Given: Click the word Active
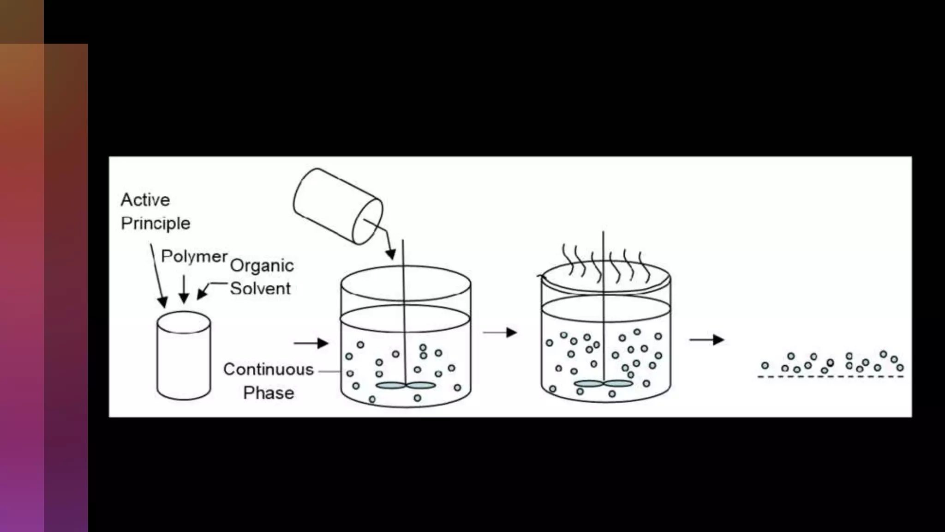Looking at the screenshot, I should click(x=145, y=200).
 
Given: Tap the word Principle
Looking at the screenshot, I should click(x=156, y=224).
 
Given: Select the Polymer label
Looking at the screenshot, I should click(x=194, y=256).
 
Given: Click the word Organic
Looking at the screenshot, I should click(x=262, y=266).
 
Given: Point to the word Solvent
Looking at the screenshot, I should click(x=260, y=289).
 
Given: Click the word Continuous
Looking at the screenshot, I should click(x=268, y=369).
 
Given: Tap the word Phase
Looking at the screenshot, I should click(x=269, y=393).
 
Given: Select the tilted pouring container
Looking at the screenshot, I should click(x=337, y=206).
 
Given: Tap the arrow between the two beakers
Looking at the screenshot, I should click(x=500, y=332).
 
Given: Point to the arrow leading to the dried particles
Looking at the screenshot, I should click(x=706, y=340).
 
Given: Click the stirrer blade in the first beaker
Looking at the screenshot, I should click(x=406, y=385).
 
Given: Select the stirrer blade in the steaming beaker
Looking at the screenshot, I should click(x=603, y=383).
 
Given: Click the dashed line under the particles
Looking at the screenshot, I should click(x=830, y=377).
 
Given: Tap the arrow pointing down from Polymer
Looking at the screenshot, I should click(x=184, y=289).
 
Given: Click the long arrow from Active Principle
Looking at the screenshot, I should click(x=157, y=275).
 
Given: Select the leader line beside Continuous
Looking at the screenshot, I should click(x=329, y=371).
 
